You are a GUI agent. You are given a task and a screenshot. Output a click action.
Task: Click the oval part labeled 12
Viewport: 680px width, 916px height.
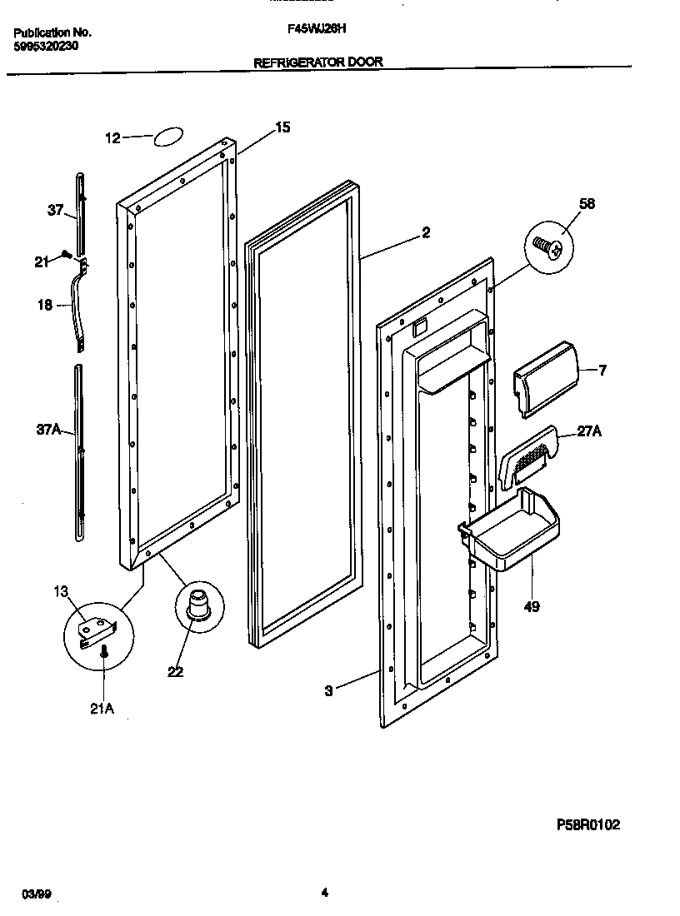coord(168,137)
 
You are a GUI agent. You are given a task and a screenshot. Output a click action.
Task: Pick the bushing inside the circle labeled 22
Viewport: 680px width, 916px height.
coord(198,603)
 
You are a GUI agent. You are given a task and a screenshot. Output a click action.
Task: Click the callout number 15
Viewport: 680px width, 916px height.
coord(282,127)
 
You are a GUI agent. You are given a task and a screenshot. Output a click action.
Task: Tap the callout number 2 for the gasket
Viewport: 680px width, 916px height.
coord(426,233)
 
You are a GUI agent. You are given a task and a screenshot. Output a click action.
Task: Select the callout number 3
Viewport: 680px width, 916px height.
coord(328,690)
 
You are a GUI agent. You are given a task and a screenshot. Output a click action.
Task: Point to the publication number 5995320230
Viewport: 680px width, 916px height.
coord(47,47)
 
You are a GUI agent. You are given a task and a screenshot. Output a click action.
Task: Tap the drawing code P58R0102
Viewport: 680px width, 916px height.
coord(588,824)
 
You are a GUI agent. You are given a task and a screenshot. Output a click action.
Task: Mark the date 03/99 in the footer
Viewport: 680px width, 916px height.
coord(33,894)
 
